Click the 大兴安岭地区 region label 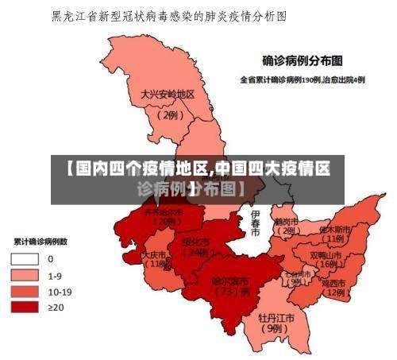coord(168,94)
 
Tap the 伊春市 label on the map coord(255,223)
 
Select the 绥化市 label coord(195,241)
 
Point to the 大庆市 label coord(155,255)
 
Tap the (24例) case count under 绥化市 coord(195,252)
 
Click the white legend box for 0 coord(23,258)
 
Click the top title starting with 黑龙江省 coord(168,15)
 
